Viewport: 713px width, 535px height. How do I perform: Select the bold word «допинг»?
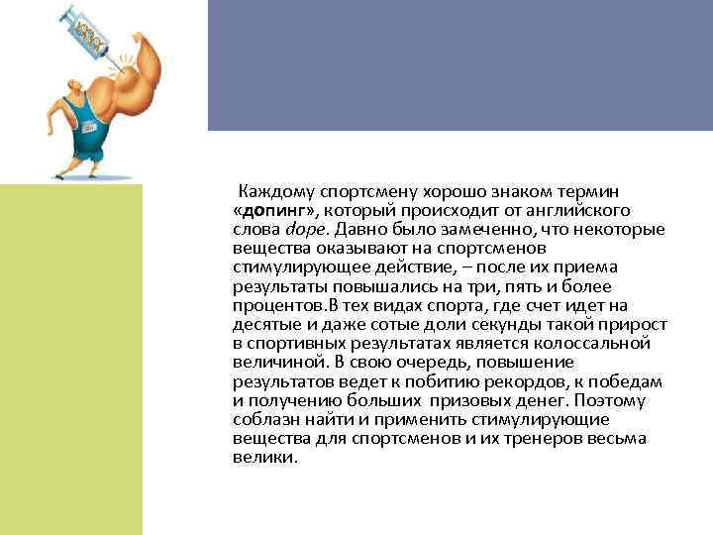point(275,211)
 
